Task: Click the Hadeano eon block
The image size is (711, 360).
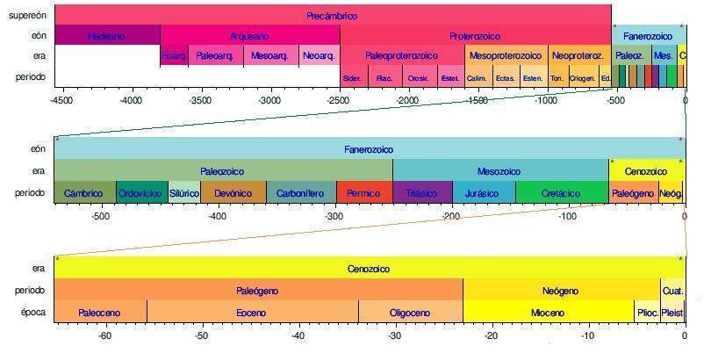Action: pyautogui.click(x=106, y=36)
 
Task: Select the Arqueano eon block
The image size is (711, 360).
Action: pyautogui.click(x=249, y=36)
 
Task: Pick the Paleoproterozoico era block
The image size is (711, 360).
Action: pyautogui.click(x=401, y=56)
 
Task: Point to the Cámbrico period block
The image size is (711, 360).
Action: pyautogui.click(x=84, y=193)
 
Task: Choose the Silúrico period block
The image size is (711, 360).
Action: pyautogui.click(x=184, y=193)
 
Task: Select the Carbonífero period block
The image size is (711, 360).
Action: pyautogui.click(x=300, y=193)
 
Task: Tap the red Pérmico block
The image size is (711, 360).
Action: pyautogui.click(x=363, y=193)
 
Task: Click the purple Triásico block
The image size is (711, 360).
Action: pyautogui.click(x=422, y=193)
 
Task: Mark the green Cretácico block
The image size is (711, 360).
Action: pyautogui.click(x=562, y=193)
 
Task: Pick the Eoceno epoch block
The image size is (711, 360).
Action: pyautogui.click(x=252, y=313)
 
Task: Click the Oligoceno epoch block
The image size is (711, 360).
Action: pyautogui.click(x=410, y=313)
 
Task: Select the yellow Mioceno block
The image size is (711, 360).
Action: pyautogui.click(x=548, y=313)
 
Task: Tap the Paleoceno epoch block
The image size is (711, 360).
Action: pyautogui.click(x=100, y=313)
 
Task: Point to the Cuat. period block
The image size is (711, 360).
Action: pyautogui.click(x=673, y=291)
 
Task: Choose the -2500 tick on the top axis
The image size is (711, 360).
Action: pyautogui.click(x=340, y=101)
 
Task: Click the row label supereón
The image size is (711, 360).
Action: pyautogui.click(x=27, y=15)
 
